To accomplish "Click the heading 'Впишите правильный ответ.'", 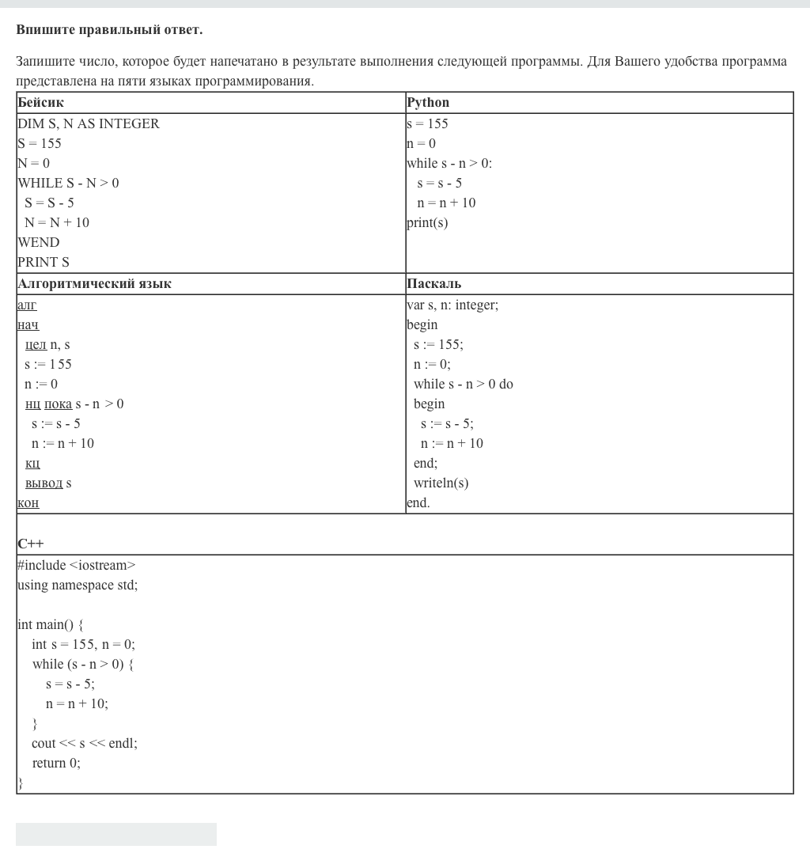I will coord(109,30).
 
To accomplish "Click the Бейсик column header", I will coord(40,103).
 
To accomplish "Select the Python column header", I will coord(428,103).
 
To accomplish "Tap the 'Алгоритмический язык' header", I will coord(94,284).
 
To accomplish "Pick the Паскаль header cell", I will coord(433,284).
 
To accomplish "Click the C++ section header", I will coord(31,544).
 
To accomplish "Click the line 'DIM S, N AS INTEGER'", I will coord(89,124).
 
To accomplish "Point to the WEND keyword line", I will coord(39,243).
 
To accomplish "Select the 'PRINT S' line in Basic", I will coord(44,263).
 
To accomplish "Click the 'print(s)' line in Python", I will coord(427,223).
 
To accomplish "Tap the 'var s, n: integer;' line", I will coord(452,305).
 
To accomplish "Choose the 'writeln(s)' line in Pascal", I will coord(441,483).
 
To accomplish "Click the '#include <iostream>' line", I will coord(77,566).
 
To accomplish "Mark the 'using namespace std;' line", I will coord(78,586).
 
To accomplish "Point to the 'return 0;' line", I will coord(56,764).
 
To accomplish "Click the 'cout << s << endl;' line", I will coord(85,744).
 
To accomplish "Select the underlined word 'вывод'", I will coord(44,483).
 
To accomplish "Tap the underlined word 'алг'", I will coord(27,305).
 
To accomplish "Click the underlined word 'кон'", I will coord(28,503).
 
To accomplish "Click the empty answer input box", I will coord(116,834).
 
